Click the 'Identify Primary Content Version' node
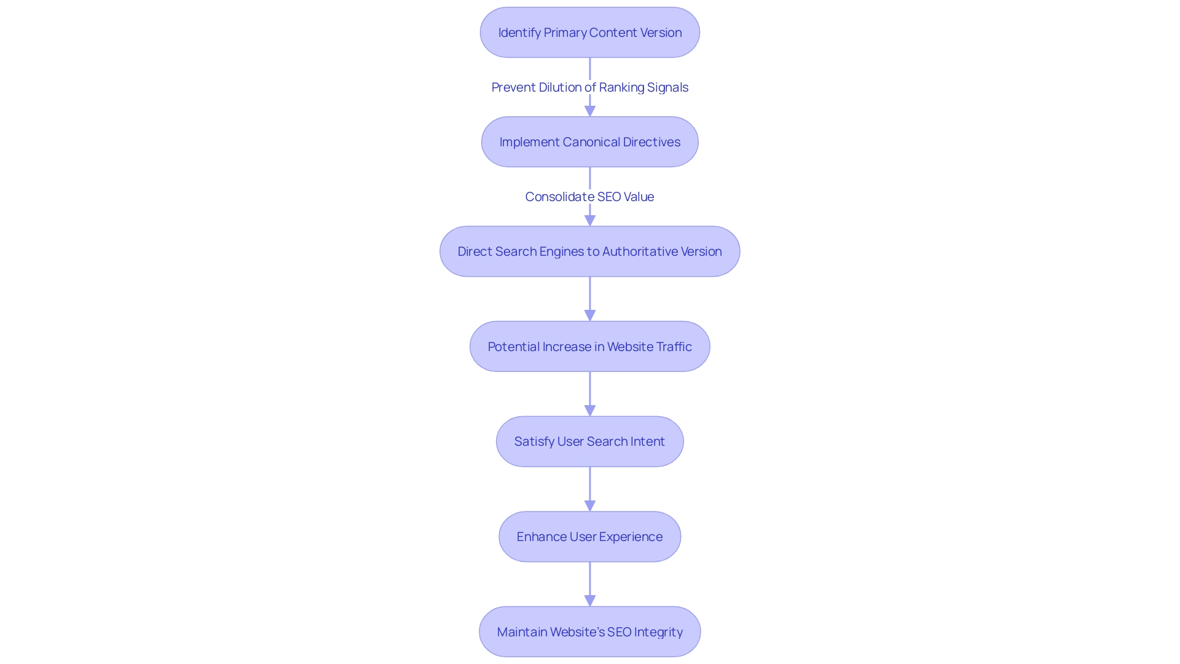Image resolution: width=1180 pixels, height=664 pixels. click(590, 33)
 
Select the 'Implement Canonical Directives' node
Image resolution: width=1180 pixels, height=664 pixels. click(590, 142)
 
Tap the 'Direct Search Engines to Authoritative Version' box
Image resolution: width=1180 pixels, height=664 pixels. click(590, 251)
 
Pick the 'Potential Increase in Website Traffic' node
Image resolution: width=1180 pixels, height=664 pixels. click(590, 347)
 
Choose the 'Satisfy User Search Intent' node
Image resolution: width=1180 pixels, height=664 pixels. click(590, 441)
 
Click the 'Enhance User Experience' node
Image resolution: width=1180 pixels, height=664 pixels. click(590, 537)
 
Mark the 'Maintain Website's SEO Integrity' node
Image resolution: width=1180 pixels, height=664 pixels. click(590, 632)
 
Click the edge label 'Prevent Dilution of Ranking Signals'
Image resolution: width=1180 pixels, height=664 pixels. click(590, 87)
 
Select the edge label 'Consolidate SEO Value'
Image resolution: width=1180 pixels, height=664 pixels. click(590, 197)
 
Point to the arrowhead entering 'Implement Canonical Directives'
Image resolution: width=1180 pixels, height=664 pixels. click(590, 111)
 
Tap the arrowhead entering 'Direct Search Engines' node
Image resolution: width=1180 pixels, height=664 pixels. click(590, 220)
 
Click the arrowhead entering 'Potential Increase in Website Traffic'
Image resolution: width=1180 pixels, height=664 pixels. click(590, 315)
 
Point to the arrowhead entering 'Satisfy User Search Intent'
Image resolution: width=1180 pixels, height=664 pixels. click(590, 410)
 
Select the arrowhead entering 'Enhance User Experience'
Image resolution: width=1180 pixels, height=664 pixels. click(590, 505)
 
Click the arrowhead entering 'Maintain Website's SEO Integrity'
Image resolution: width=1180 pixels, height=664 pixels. click(590, 600)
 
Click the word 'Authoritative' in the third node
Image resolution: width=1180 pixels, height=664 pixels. click(640, 251)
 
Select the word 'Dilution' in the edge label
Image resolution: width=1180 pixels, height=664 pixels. click(560, 87)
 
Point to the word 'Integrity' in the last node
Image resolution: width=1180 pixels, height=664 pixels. click(658, 632)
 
